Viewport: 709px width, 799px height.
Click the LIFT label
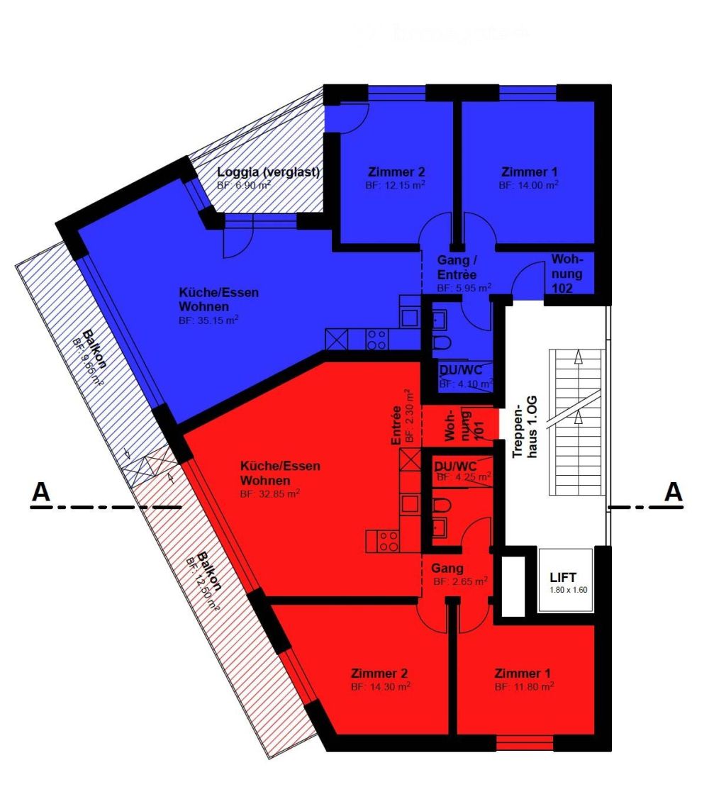pos(563,577)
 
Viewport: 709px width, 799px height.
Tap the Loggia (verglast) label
pos(269,172)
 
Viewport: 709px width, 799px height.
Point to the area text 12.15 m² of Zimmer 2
pos(396,185)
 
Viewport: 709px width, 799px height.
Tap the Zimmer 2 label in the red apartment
pos(379,673)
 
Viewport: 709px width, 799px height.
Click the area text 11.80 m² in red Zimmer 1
pos(524,686)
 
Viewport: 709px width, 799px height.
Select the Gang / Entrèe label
pos(457,268)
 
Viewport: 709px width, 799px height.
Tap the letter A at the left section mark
pos(42,492)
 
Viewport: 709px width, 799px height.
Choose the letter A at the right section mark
pos(673,492)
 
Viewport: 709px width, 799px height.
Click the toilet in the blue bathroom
pos(442,344)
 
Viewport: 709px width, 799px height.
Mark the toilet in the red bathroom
pos(442,505)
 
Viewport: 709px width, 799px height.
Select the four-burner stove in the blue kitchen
pos(376,339)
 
